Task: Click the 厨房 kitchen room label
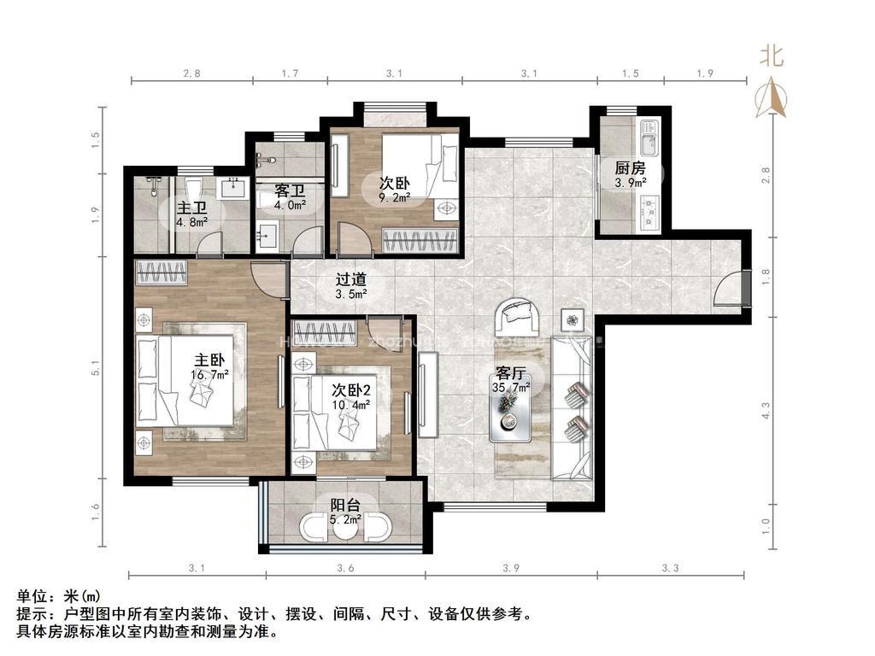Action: coord(630,167)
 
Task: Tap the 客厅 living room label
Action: coord(511,374)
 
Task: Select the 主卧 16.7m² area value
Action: coord(209,375)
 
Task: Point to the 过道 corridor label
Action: coord(351,278)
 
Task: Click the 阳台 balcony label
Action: coord(345,506)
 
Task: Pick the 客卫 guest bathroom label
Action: coord(291,191)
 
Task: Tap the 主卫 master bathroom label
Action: coord(192,209)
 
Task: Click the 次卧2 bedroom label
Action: coord(351,389)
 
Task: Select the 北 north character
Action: coord(772,56)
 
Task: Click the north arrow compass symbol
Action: coord(771,99)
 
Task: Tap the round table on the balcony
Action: coord(344,528)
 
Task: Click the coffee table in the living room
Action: coord(511,411)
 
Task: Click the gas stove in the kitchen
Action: coord(649,212)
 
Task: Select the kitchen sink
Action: coord(649,138)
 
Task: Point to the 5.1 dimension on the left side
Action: coord(96,368)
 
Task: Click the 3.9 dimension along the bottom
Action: coord(511,568)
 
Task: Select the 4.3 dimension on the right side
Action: coord(766,411)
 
